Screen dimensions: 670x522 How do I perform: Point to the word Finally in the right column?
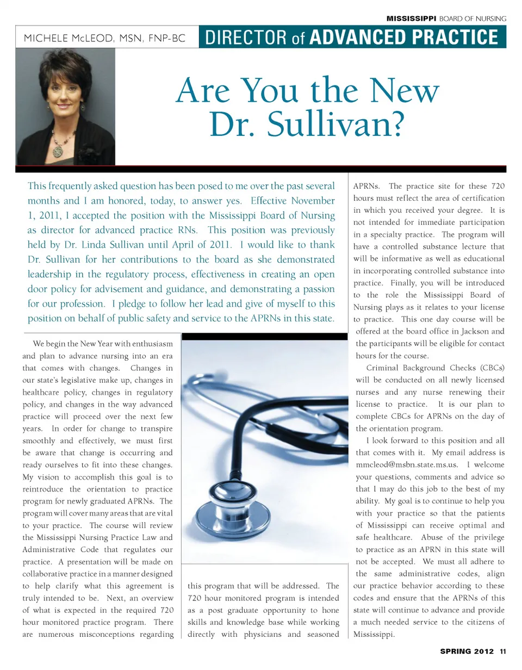403,283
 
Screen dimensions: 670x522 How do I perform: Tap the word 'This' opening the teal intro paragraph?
37,185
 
